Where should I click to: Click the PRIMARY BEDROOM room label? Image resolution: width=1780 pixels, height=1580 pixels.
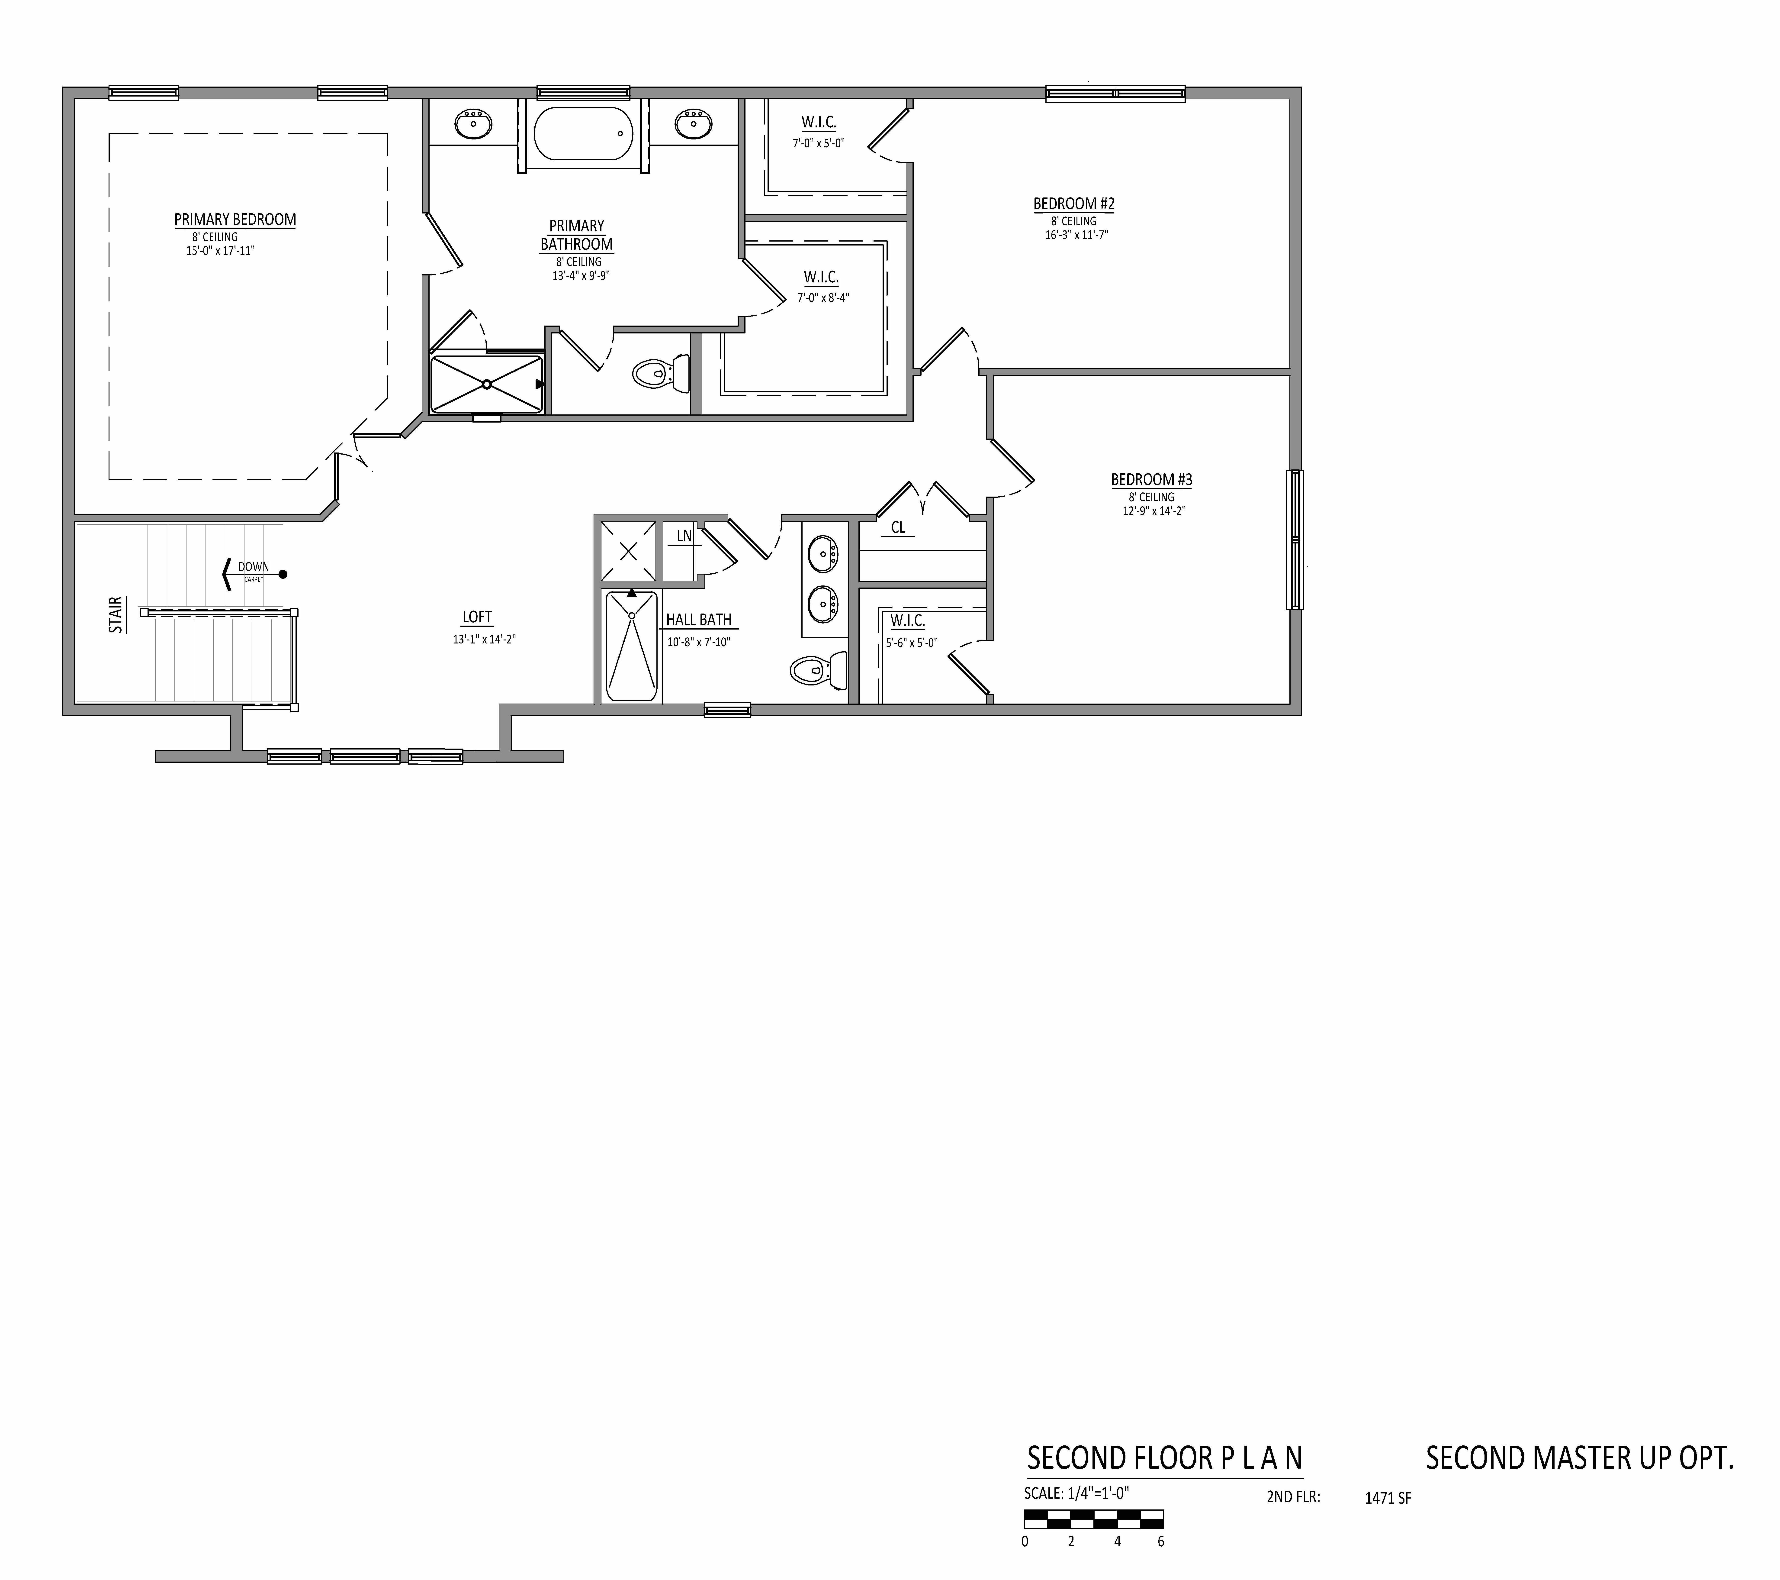point(235,220)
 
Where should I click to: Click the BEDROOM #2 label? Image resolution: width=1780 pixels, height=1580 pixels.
point(1074,204)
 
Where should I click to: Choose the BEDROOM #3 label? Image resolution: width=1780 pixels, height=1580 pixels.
point(1151,480)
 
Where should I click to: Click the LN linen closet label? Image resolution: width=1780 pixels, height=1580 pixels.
point(684,536)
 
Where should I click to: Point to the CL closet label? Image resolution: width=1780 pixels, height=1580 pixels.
point(898,528)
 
